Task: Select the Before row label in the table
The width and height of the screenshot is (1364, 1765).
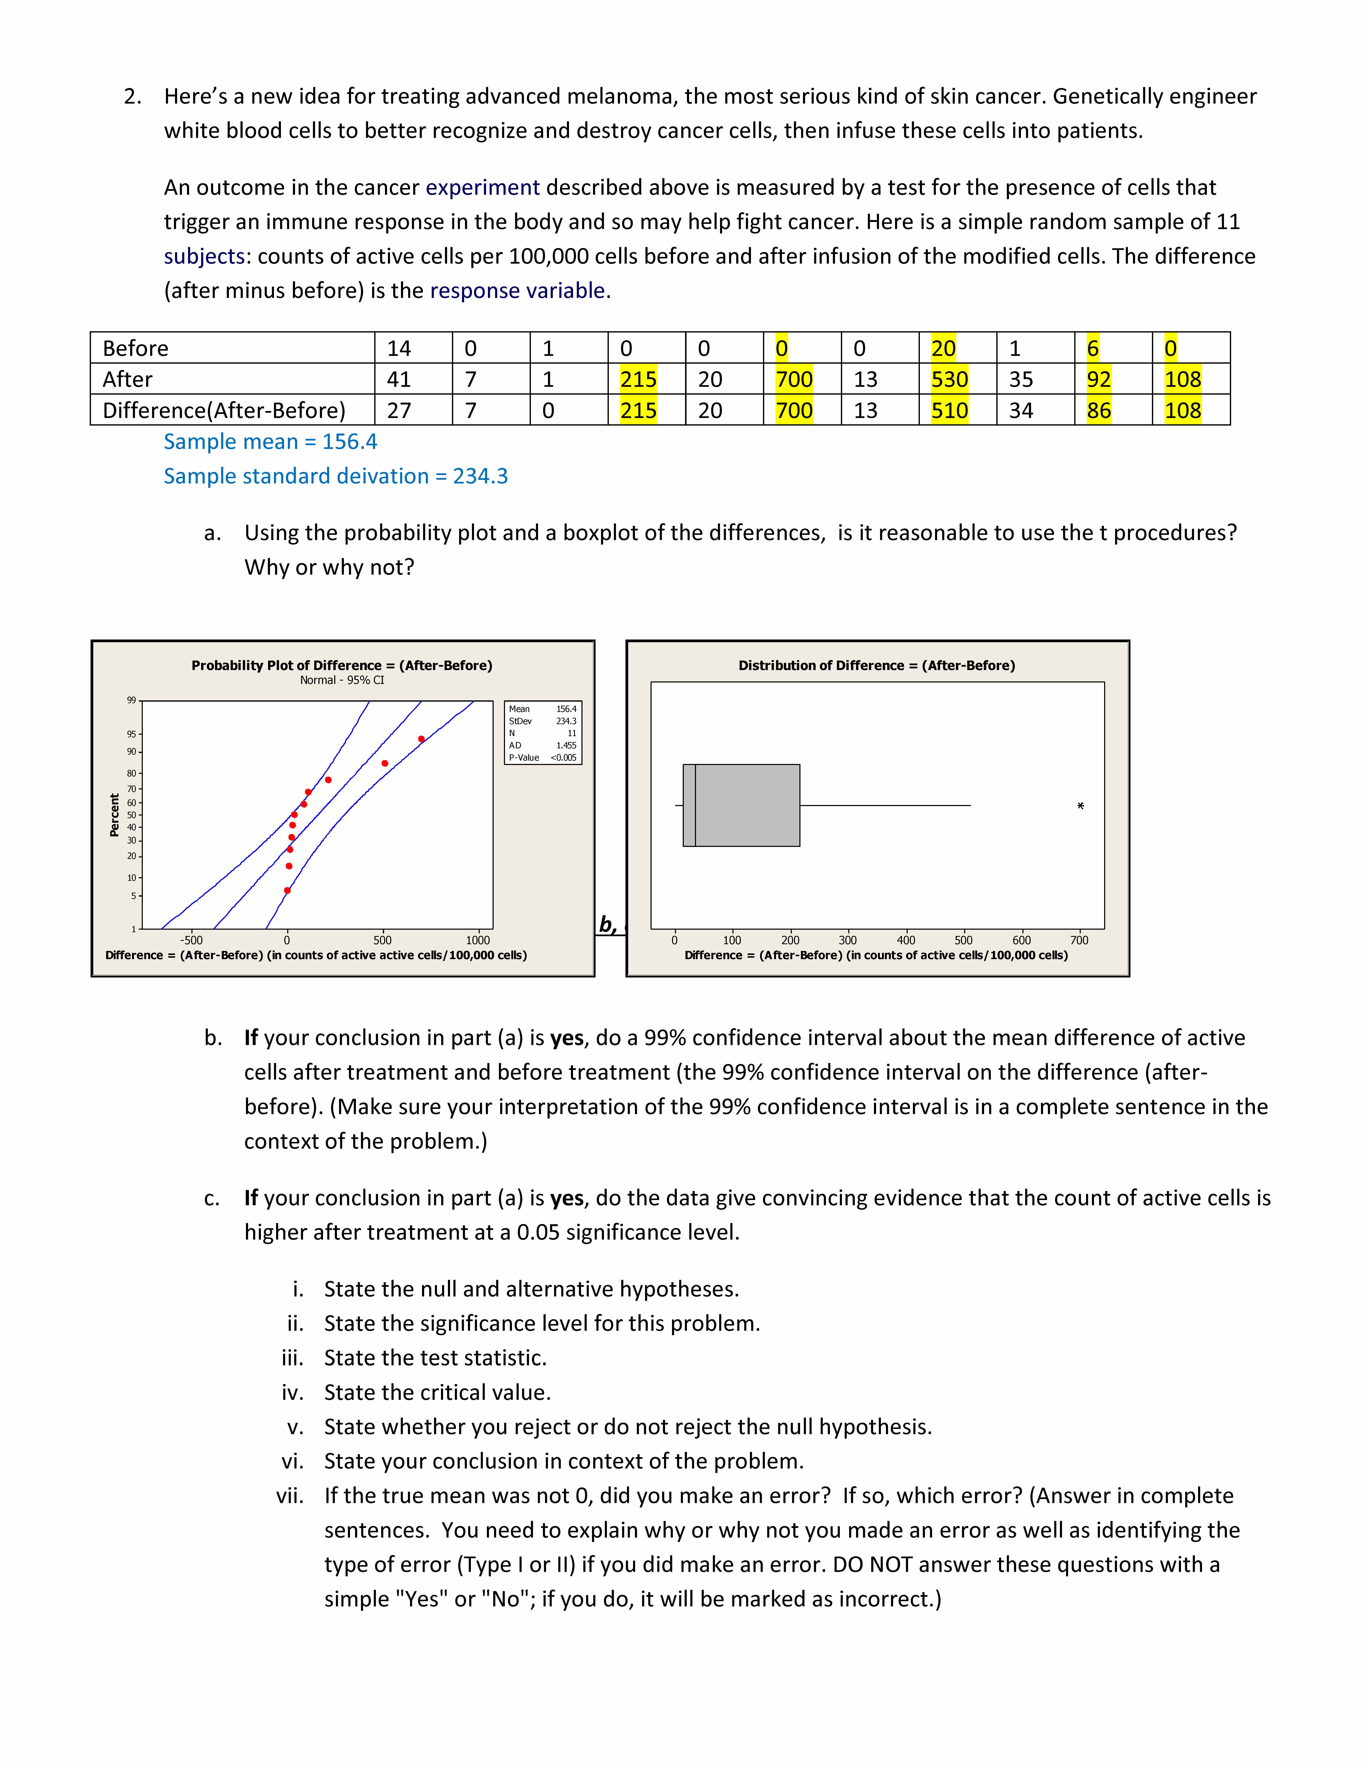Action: click(136, 348)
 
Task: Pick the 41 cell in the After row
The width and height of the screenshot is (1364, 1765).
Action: click(399, 379)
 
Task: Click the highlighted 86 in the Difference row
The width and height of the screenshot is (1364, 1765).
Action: click(1098, 411)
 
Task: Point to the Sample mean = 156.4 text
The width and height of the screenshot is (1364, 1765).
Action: click(270, 441)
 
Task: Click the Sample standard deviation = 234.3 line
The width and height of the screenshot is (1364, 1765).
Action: click(335, 476)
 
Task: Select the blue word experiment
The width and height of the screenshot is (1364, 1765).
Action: click(482, 187)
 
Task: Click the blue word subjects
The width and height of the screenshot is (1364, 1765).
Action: click(204, 256)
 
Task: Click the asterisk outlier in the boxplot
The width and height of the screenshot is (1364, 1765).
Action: click(1080, 806)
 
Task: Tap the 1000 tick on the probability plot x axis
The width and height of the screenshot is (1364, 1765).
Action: click(478, 940)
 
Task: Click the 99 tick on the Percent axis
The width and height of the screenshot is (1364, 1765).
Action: click(131, 700)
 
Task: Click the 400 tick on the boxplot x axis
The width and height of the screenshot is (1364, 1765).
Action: click(906, 940)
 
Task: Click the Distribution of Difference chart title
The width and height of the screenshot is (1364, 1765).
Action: click(877, 665)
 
